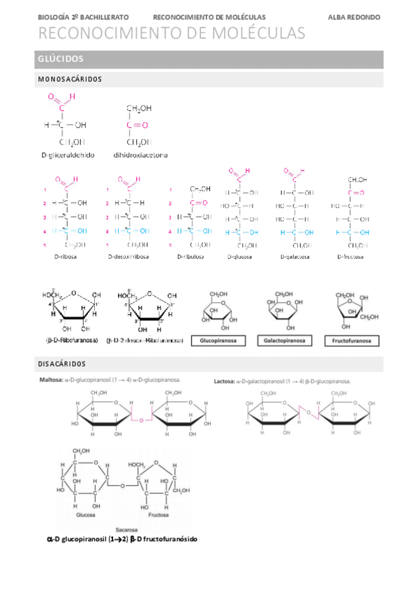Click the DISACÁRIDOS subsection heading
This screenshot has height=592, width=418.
coord(60,364)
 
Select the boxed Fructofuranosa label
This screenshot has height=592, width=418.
coord(352,341)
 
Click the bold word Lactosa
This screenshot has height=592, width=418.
coord(225,381)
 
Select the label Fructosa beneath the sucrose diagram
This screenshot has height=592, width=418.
coord(158,515)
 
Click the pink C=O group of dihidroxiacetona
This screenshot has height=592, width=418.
coord(137,125)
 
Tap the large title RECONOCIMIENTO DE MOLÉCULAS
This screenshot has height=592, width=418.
coord(171,34)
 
